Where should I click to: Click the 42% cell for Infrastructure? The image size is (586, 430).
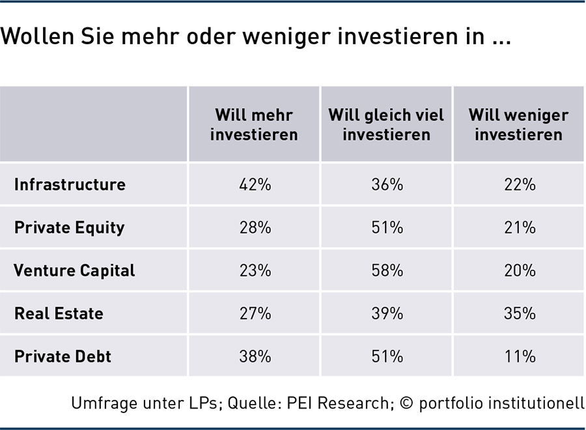[255, 184]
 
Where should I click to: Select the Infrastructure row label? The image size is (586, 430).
[70, 184]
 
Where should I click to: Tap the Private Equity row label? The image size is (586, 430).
[70, 228]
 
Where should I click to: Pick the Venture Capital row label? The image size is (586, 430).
[74, 271]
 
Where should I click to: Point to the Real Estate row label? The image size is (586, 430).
[59, 313]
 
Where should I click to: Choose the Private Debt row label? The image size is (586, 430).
[63, 356]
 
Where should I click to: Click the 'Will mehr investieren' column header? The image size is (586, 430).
[254, 125]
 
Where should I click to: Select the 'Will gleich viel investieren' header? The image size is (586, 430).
[386, 125]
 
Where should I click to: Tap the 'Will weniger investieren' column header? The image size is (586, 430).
[519, 125]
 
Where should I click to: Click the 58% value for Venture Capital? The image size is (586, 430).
[387, 270]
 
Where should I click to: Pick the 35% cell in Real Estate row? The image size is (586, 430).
[520, 313]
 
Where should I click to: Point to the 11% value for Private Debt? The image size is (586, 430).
[520, 356]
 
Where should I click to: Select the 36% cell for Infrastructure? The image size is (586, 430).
[387, 184]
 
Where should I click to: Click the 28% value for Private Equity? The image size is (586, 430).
[255, 227]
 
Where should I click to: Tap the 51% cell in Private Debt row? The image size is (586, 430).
[387, 356]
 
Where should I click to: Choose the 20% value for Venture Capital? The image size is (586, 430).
[520, 270]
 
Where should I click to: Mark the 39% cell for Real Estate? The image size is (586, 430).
[387, 313]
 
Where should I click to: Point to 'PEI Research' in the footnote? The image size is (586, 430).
[337, 403]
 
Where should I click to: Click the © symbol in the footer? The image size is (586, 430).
[406, 403]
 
